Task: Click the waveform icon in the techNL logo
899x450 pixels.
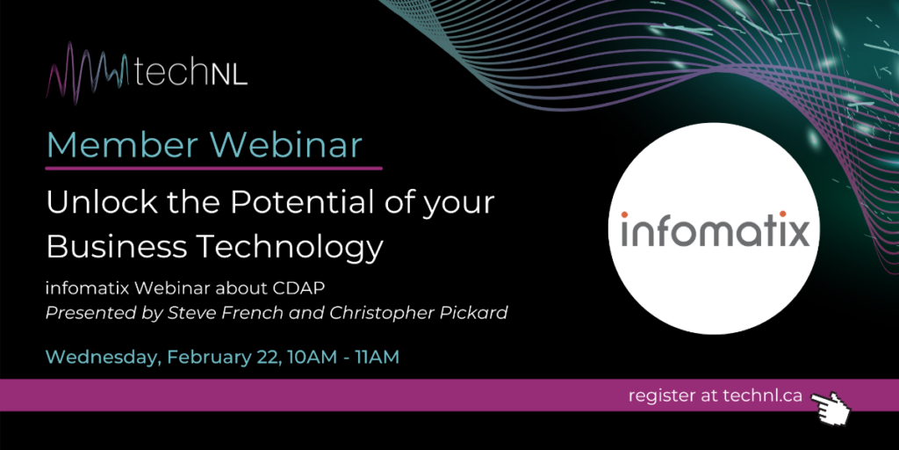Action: pos(90,74)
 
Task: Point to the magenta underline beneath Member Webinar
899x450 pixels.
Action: pos(214,168)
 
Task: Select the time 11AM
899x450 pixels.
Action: pos(377,357)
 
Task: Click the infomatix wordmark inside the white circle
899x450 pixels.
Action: pos(715,229)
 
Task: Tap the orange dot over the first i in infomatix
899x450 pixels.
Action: pos(624,214)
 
